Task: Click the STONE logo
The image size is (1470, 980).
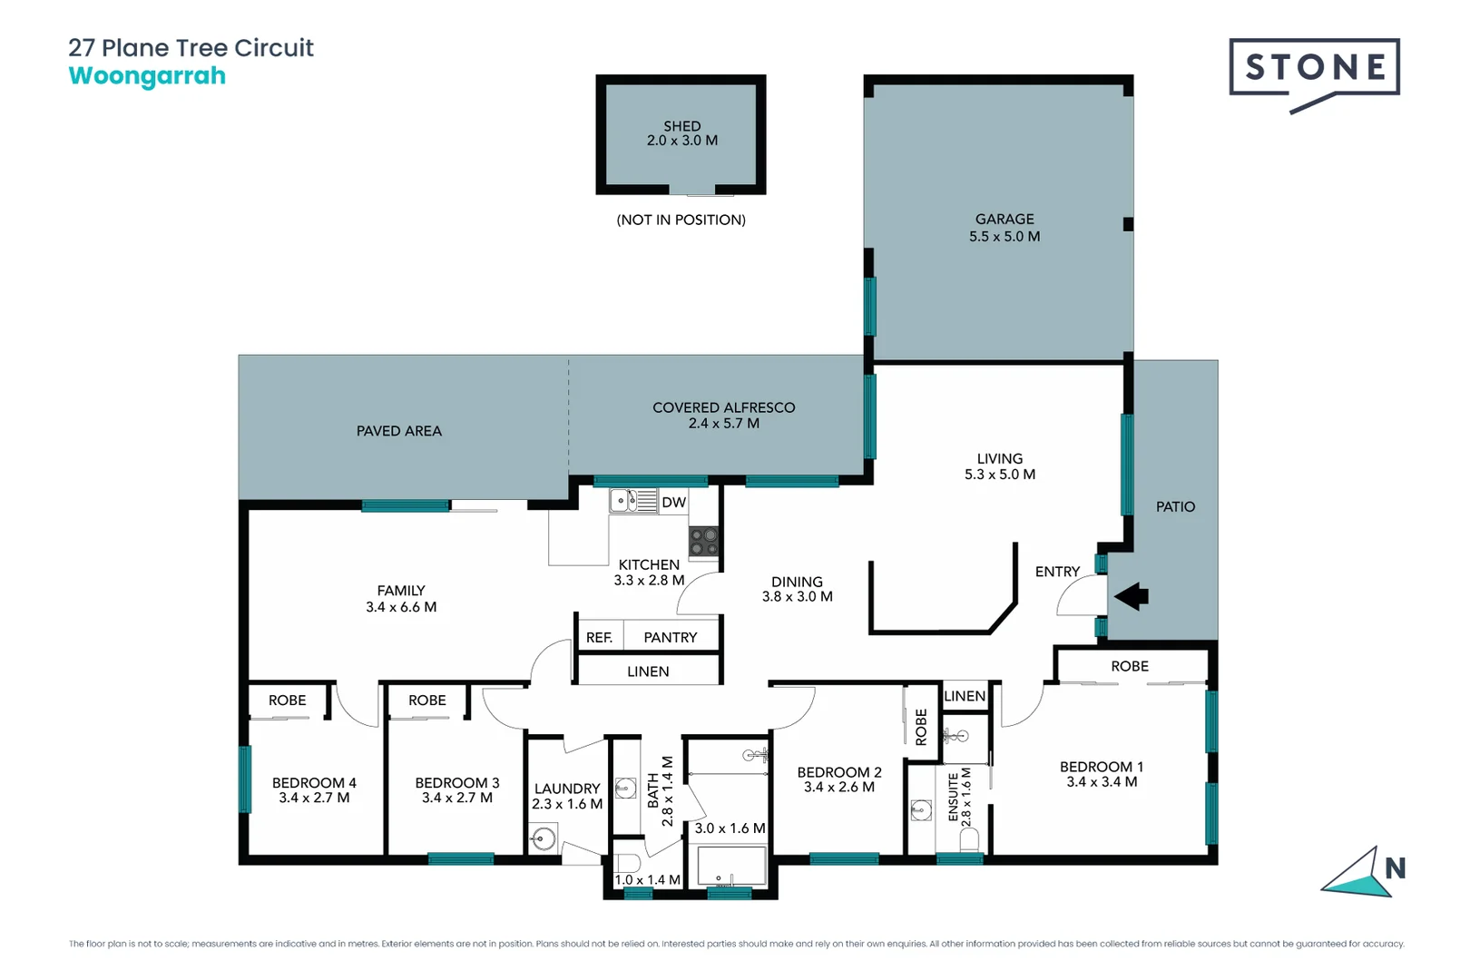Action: pos(1314,68)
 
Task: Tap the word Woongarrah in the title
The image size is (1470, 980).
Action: pos(147,76)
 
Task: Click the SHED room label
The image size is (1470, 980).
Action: pos(681,126)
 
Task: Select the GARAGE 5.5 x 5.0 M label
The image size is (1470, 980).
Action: pos(1004,228)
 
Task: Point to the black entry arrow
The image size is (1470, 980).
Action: pos(1132,596)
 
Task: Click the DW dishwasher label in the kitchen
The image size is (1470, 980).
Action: pos(673,503)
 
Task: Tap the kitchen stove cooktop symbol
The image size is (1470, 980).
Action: pos(703,542)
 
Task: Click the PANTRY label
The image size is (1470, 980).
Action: pos(671,638)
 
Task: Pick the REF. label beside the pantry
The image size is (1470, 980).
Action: pos(599,638)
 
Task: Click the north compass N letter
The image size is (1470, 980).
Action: pos(1395,869)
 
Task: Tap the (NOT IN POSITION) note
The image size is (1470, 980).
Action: pos(681,220)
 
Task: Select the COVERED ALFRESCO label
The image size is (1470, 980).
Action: pos(723,408)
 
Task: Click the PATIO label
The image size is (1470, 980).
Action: pos(1175,507)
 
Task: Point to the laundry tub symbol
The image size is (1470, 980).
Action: pos(544,838)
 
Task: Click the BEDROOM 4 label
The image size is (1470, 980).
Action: pos(314,783)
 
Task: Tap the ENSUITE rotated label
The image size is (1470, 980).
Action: pos(954,797)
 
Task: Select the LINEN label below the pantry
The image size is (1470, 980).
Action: pos(648,671)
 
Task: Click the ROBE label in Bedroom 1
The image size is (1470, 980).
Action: pos(1130,666)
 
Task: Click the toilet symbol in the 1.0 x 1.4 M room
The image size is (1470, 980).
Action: pos(627,863)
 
